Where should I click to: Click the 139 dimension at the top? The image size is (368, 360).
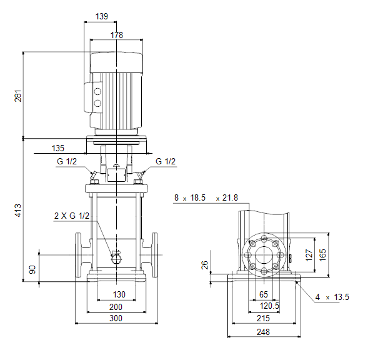[x=102, y=16]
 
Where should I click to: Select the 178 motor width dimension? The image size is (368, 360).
[x=117, y=35]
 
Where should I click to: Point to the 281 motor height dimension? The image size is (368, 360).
[x=18, y=96]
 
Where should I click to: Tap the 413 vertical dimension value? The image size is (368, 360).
[x=18, y=211]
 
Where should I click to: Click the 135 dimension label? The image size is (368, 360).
[x=57, y=148]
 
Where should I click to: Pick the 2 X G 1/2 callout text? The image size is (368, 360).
[x=72, y=216]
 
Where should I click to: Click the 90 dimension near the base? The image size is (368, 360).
[x=32, y=269]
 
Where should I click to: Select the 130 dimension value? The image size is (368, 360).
[x=119, y=294]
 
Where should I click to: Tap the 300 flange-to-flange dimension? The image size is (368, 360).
[x=116, y=318]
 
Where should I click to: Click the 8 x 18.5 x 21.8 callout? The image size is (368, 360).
[x=206, y=197]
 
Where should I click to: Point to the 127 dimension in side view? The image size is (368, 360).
[x=309, y=255]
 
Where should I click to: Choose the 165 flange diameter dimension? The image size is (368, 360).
[x=323, y=255]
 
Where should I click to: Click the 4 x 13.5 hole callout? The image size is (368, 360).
[x=332, y=297]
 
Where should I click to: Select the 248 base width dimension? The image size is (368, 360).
[x=263, y=332]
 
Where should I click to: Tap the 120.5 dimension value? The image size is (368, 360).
[x=269, y=306]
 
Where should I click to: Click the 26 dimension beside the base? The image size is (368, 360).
[x=205, y=265]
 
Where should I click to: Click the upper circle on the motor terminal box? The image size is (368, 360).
[x=97, y=92]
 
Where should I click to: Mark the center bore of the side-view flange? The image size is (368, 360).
[x=264, y=255]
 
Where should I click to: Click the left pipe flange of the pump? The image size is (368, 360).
[x=78, y=255]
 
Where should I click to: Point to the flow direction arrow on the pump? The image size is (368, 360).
[x=116, y=252]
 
